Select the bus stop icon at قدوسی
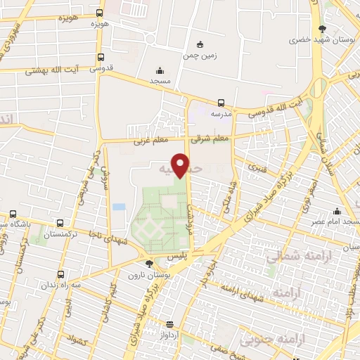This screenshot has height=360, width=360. [x=101, y=58]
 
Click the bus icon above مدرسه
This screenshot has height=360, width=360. [x=221, y=103]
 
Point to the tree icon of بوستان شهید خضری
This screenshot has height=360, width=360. [x=322, y=29]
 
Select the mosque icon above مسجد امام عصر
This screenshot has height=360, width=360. [x=337, y=212]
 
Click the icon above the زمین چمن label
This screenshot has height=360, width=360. [x=200, y=44]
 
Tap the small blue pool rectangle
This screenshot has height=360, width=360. [x=119, y=207]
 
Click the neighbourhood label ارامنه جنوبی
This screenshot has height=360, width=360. [x=267, y=340]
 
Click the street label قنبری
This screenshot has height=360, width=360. [x=255, y=169]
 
